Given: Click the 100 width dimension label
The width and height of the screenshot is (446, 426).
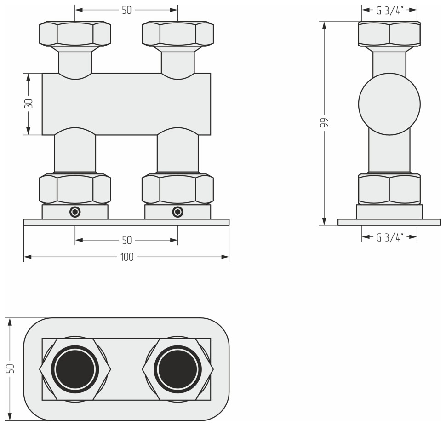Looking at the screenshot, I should [x=127, y=257].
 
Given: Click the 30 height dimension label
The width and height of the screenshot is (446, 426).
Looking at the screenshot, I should [x=29, y=104].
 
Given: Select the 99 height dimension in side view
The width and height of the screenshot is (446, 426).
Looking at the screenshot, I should [x=324, y=123].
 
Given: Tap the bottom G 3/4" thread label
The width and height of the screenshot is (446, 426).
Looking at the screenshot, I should [x=389, y=237].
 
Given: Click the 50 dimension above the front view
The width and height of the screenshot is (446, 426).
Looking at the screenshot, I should [x=127, y=11].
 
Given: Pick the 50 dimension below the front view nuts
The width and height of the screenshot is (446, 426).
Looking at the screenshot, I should [x=127, y=240].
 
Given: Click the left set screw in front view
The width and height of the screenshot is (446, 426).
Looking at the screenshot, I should [x=75, y=212].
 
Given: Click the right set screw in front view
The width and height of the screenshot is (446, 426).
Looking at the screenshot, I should [x=177, y=212].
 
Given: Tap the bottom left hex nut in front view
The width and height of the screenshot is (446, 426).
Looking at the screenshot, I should [x=75, y=189].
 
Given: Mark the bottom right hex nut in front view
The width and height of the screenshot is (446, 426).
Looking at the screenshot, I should [x=177, y=189].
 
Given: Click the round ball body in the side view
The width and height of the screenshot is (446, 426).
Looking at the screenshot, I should [x=389, y=104].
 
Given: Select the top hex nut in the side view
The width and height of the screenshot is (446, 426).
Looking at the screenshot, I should [x=389, y=35].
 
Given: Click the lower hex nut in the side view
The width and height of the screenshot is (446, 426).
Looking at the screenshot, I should [x=389, y=189].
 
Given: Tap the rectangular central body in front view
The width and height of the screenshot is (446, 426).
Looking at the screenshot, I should [x=126, y=104].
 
